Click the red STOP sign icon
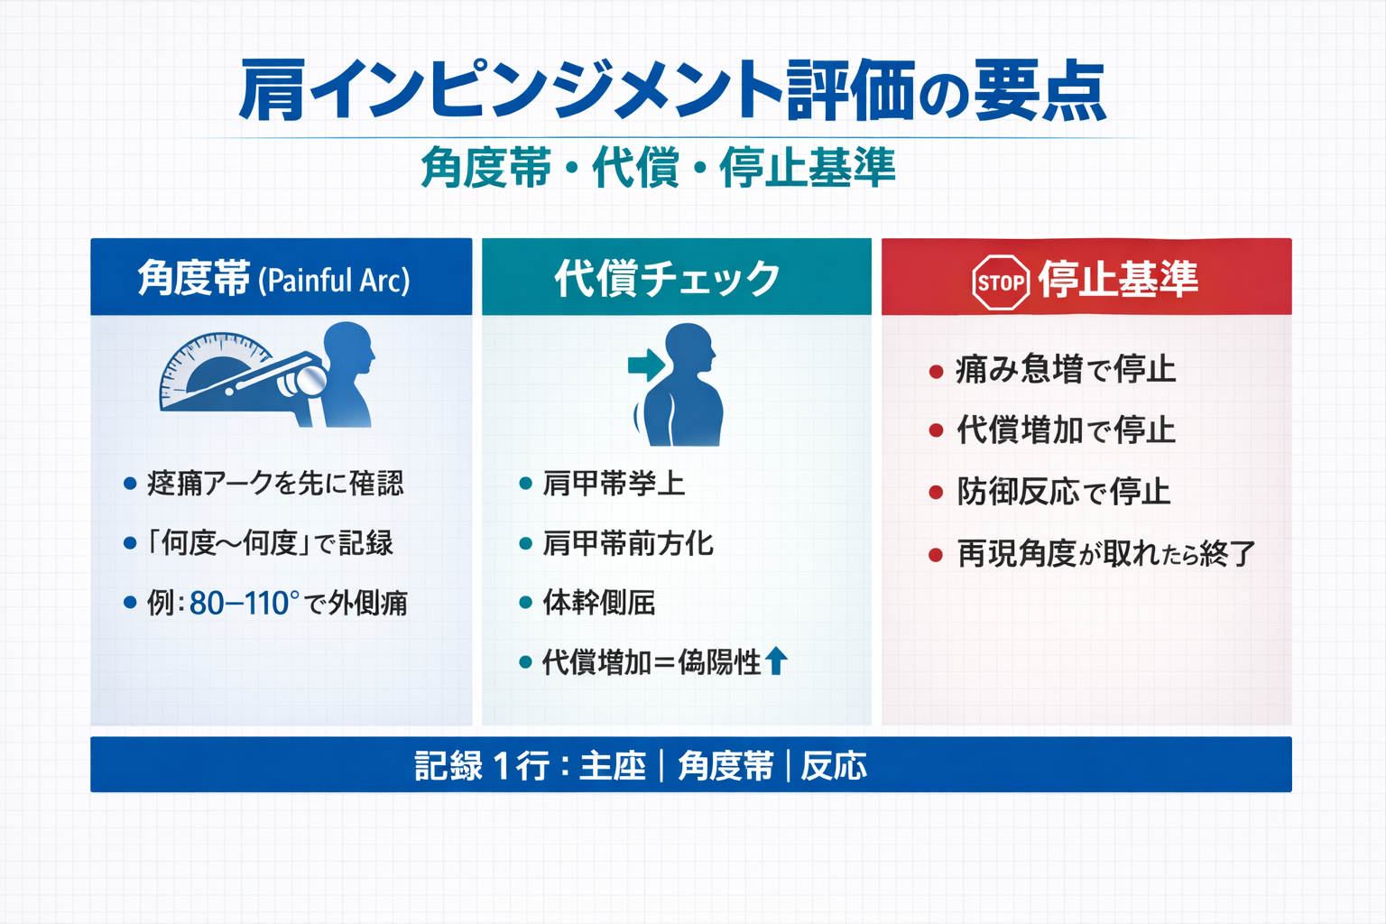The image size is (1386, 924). point(1001,282)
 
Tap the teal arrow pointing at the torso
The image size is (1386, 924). point(646,365)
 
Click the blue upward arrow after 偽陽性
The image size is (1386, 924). point(776,661)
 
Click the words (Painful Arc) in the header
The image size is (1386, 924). point(334,281)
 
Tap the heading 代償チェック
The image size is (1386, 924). point(667,278)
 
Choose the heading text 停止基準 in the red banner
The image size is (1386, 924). point(1118,279)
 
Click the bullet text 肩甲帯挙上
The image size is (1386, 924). point(614,484)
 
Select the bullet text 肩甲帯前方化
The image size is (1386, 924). point(628,543)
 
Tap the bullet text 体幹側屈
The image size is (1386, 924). point(599,603)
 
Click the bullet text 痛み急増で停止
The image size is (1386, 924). point(1065,369)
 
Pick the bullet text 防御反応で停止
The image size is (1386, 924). point(1063,492)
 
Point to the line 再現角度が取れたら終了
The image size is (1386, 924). point(1105,553)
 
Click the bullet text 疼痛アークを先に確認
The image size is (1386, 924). point(275,484)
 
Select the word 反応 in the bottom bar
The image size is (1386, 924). point(834,766)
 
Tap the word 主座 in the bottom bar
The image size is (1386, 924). point(613,766)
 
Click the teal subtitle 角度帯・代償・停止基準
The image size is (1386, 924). point(658,168)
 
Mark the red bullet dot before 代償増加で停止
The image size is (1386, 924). point(936,431)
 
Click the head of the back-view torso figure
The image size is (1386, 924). point(690,347)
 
